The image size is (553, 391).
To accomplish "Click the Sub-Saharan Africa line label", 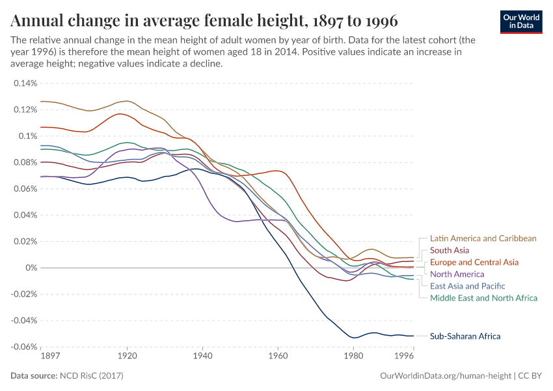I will click(x=465, y=336).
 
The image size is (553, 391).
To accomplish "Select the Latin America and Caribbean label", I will click(x=483, y=239).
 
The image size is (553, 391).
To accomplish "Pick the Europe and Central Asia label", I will click(x=474, y=262).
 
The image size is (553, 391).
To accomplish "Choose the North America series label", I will click(x=457, y=274).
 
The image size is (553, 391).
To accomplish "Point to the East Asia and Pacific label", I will click(x=467, y=286).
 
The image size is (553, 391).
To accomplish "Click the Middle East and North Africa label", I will click(x=484, y=298).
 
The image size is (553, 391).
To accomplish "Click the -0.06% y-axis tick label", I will click(x=24, y=347).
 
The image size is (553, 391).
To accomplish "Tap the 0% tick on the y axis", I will click(x=32, y=268).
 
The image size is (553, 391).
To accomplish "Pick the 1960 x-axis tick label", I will click(x=278, y=356).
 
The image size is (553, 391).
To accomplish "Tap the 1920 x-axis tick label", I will click(x=127, y=356).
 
